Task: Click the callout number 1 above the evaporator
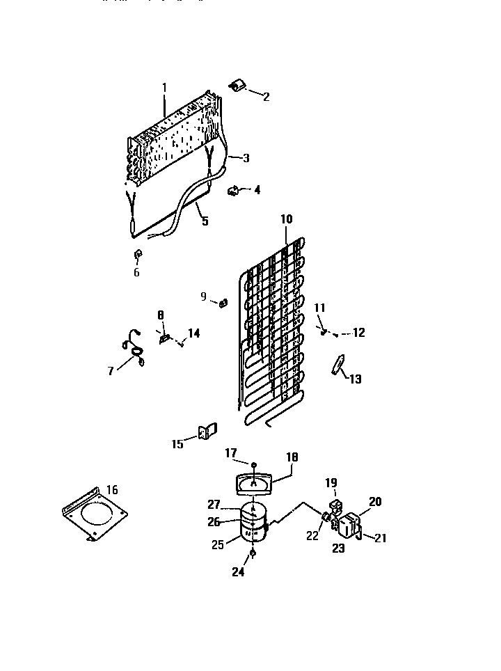coord(165,88)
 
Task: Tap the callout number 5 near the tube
coord(205,221)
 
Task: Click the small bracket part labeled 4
coord(234,189)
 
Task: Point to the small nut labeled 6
coord(137,254)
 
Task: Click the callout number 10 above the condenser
coord(287,219)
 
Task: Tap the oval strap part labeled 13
coord(339,364)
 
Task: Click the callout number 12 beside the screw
coord(358,333)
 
